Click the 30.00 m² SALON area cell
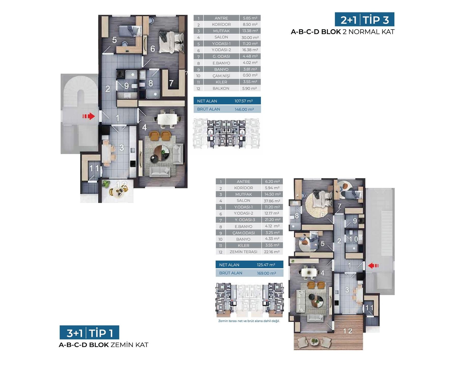(x=250, y=37)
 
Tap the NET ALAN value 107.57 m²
(x=244, y=101)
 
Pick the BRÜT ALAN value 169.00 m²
(x=266, y=273)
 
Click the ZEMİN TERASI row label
(x=244, y=252)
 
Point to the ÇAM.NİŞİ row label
(x=221, y=76)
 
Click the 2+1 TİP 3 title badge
(x=364, y=19)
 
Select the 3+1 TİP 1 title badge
(x=89, y=332)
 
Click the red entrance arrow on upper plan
(x=89, y=116)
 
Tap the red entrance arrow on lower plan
(x=373, y=266)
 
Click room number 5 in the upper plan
(x=115, y=40)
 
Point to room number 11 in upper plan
(x=94, y=168)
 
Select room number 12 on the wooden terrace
(x=348, y=331)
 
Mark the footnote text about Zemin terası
(x=249, y=321)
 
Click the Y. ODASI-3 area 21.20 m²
(x=272, y=220)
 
